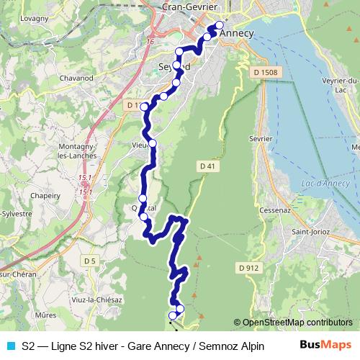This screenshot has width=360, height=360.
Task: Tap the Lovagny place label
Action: (x=34, y=19)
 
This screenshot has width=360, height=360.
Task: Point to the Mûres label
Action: (x=45, y=315)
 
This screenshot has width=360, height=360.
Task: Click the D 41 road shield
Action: (x=207, y=166)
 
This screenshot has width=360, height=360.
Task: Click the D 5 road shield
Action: (x=89, y=260)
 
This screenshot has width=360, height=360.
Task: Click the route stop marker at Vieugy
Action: (x=152, y=143)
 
